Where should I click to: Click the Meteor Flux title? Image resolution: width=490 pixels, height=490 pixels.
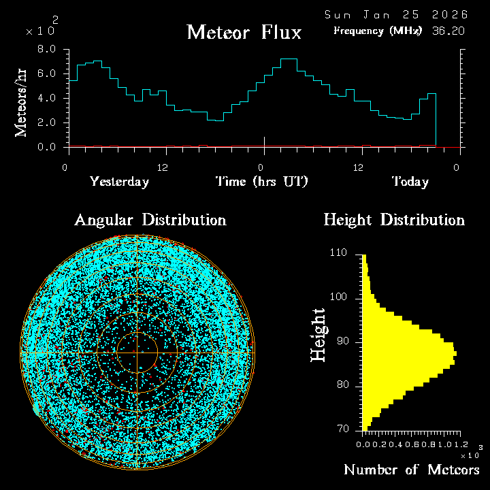244,32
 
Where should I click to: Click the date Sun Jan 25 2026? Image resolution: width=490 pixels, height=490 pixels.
396,14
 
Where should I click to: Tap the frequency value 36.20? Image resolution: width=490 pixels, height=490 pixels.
448,31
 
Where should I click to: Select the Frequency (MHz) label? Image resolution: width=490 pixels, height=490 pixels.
378,31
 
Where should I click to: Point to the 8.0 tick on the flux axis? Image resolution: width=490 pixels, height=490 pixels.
46,50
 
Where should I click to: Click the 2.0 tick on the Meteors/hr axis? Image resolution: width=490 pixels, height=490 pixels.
46,122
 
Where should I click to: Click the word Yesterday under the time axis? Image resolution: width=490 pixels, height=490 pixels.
119,182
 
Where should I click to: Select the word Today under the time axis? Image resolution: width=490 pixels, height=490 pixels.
410,182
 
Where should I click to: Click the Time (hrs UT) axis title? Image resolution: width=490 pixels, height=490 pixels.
262,182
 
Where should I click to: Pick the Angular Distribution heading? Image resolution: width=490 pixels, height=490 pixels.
150,220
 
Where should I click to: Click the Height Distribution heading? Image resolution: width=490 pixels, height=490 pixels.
394,220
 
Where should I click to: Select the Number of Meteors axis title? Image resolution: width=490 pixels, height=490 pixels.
412,470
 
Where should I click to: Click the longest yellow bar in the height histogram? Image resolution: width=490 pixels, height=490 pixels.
408,354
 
